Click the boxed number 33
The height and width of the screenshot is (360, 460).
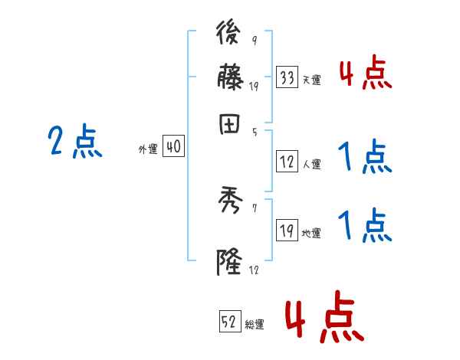[287, 77]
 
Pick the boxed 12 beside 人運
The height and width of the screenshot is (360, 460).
[287, 161]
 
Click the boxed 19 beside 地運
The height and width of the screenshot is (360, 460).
[287, 231]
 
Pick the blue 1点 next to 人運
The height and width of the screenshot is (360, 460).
[364, 158]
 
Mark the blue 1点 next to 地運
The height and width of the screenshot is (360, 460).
[364, 227]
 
